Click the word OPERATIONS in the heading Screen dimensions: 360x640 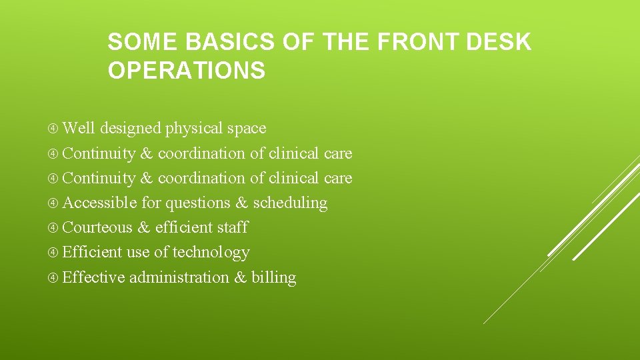(186, 70)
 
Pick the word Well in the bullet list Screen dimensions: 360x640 (79, 128)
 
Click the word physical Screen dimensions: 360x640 (194, 128)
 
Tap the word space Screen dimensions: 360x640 (246, 129)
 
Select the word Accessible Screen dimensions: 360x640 (100, 203)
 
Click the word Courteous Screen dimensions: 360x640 (97, 227)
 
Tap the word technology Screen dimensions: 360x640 (211, 253)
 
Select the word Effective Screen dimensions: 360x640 (93, 277)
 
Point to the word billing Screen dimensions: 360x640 (273, 278)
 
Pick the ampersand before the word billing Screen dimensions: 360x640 (240, 278)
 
